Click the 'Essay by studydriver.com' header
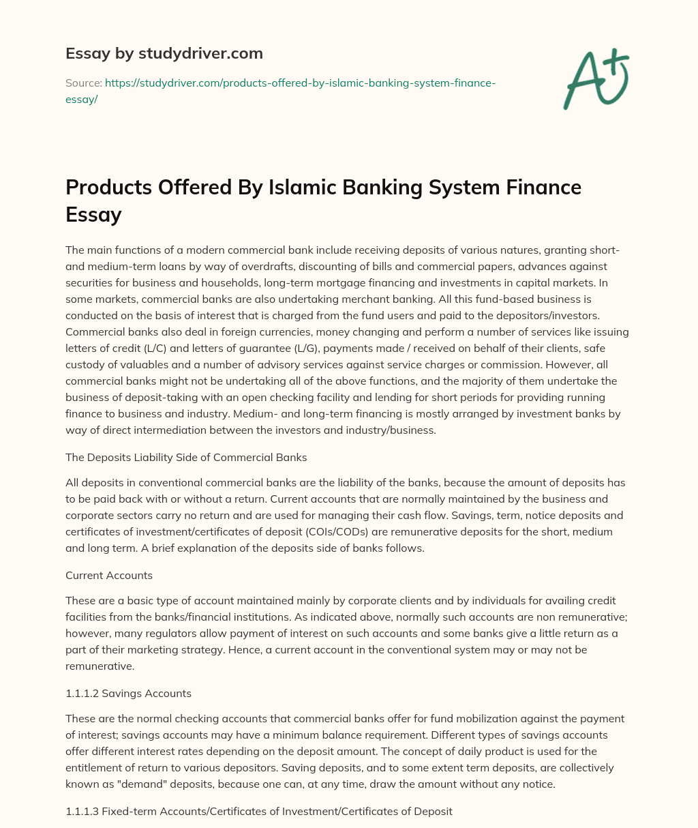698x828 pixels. [164, 53]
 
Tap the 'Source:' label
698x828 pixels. [82, 83]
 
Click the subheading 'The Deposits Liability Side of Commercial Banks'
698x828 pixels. [186, 457]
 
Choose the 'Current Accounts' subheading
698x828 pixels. [109, 575]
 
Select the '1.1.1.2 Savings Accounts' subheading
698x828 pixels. [128, 693]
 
